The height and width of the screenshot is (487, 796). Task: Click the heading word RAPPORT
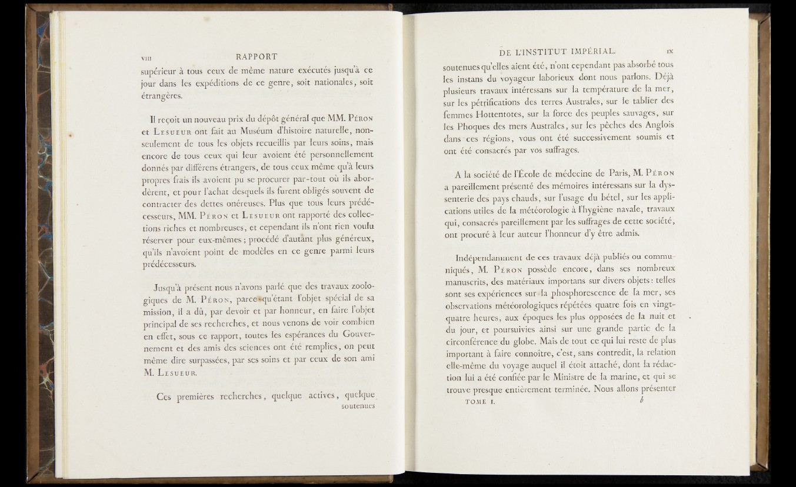click(256, 57)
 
